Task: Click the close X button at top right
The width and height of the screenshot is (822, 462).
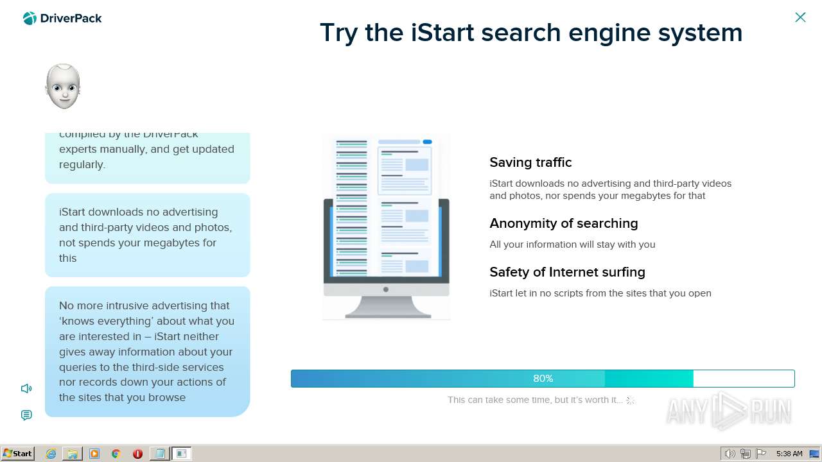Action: click(800, 17)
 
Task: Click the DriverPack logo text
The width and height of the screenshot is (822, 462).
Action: click(71, 19)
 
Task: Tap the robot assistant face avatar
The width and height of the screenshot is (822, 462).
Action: click(63, 87)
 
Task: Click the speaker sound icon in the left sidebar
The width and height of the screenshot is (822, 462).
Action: click(26, 388)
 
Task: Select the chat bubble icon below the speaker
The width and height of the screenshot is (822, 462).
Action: click(26, 415)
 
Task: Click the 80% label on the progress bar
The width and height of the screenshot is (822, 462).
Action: click(543, 379)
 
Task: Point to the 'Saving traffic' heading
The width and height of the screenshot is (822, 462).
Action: click(530, 162)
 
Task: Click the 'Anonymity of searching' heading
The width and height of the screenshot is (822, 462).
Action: click(563, 223)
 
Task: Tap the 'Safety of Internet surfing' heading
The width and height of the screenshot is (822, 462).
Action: click(567, 272)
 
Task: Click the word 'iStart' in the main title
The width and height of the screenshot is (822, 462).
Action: click(442, 33)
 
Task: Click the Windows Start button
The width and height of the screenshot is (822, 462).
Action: click(17, 454)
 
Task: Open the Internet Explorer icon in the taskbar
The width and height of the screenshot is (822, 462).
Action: click(51, 454)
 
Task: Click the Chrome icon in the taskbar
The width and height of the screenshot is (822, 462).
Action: click(116, 454)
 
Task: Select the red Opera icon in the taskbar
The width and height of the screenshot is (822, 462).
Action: click(137, 454)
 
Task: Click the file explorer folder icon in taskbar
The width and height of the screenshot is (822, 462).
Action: click(73, 454)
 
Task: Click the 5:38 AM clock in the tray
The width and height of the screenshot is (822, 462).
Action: click(789, 454)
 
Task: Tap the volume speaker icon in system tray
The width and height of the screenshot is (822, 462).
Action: click(730, 454)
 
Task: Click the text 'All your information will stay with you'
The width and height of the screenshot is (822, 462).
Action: click(572, 244)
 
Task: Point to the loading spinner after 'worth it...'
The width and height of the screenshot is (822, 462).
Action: click(631, 400)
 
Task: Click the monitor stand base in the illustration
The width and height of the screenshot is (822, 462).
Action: click(387, 314)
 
